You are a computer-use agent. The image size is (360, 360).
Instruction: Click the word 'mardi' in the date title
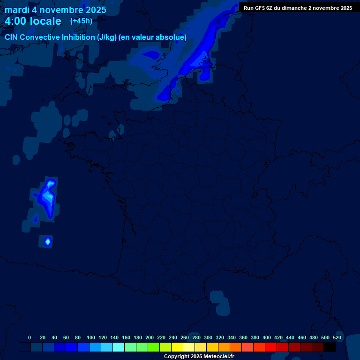point(17,10)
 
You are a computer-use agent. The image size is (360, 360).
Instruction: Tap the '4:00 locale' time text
point(33,22)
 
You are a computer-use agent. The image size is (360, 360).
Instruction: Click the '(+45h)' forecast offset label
point(81,21)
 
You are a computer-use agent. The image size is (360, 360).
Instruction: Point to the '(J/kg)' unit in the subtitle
point(106,37)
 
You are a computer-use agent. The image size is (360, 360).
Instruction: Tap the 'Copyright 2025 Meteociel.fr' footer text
point(199,357)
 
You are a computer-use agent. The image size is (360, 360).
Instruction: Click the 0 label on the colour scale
point(30,338)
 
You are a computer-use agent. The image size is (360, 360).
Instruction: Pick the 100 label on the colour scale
point(91,338)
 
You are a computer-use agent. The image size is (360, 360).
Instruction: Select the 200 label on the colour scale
point(150,338)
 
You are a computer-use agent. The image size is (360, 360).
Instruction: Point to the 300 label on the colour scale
point(208,338)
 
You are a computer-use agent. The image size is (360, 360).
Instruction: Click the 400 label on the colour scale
point(267,338)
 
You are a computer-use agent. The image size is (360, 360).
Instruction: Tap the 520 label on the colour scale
point(337,338)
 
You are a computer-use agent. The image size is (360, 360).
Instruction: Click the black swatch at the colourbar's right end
point(330,347)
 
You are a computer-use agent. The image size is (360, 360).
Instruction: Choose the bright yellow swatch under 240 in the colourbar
point(177,347)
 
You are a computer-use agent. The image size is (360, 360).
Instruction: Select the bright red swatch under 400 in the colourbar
point(271,347)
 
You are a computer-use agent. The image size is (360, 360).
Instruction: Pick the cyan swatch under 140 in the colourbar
point(119,347)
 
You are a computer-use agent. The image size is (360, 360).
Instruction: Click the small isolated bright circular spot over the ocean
point(47,241)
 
